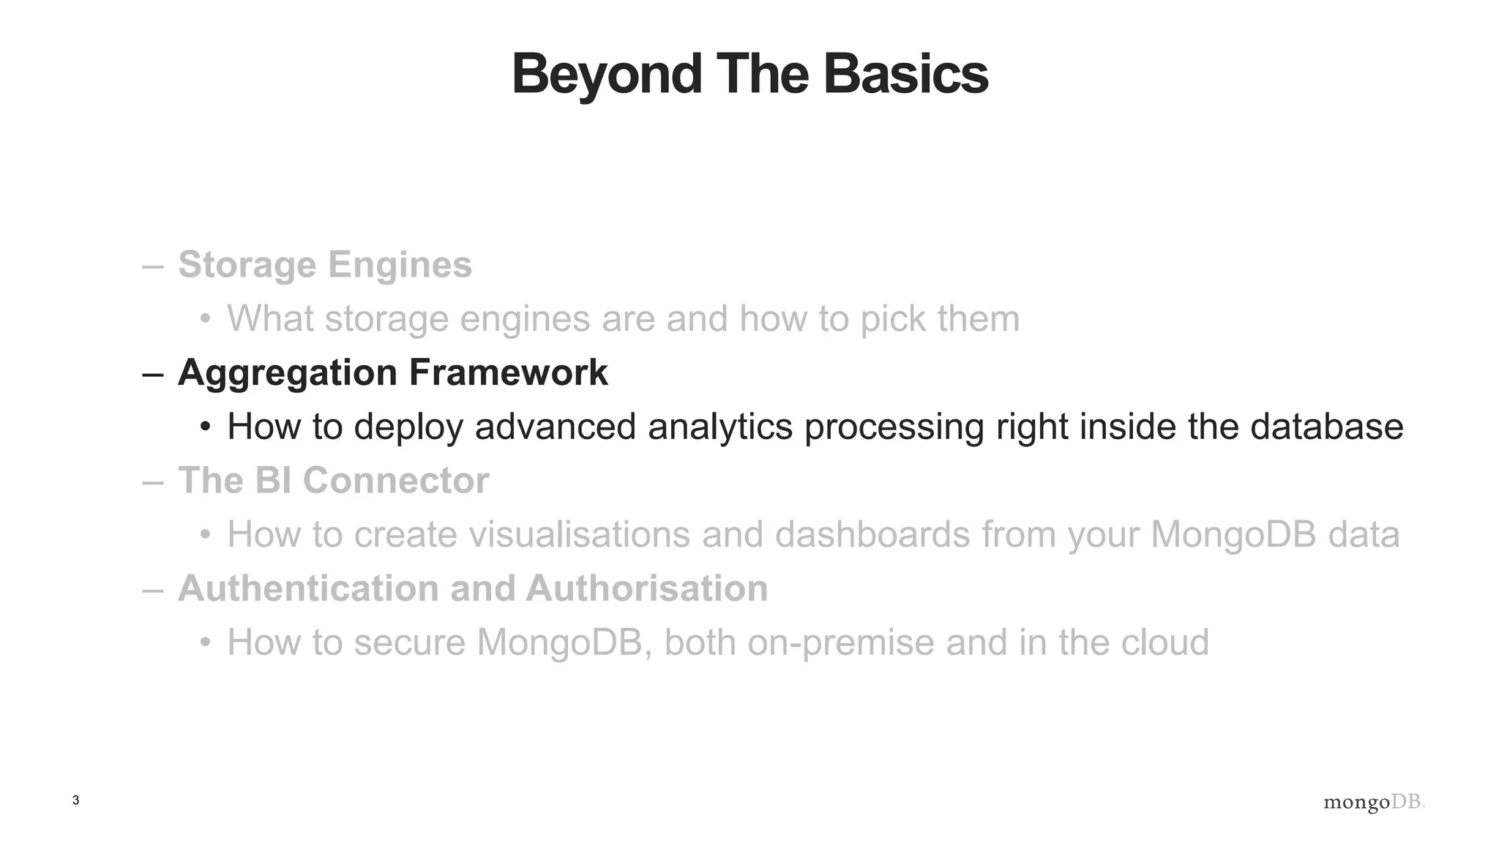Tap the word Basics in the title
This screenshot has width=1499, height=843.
905,74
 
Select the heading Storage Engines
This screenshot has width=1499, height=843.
324,265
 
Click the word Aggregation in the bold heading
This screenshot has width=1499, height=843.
288,373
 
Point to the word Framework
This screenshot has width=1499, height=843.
508,372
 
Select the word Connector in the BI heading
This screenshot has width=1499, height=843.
395,481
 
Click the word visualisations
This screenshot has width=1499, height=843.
579,534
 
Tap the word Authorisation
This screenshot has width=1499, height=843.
646,588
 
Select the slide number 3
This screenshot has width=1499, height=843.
75,801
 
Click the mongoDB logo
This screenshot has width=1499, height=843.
1373,802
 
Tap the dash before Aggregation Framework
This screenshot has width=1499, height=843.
153,374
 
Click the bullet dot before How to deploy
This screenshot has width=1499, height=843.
206,427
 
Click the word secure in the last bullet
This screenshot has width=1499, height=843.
410,642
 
